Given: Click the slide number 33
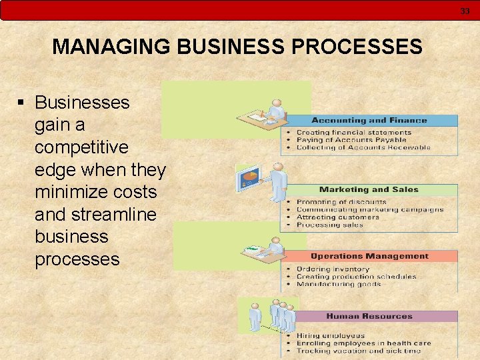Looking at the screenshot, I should tap(465, 11).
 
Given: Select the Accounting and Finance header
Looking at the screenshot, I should tap(369, 121).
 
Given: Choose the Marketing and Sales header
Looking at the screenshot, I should tap(369, 190).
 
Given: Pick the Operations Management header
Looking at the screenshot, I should tap(369, 256).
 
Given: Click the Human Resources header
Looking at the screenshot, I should tap(369, 316).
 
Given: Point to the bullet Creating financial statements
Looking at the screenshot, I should tap(353, 133).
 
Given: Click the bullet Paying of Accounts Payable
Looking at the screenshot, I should tap(351, 140).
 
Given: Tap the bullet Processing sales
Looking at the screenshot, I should tap(329, 225).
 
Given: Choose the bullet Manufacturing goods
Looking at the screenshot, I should tap(338, 284).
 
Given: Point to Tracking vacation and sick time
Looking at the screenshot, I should tap(358, 351).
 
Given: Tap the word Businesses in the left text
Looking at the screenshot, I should tap(82, 103).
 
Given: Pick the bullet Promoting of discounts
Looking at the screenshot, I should tap(341, 202).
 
